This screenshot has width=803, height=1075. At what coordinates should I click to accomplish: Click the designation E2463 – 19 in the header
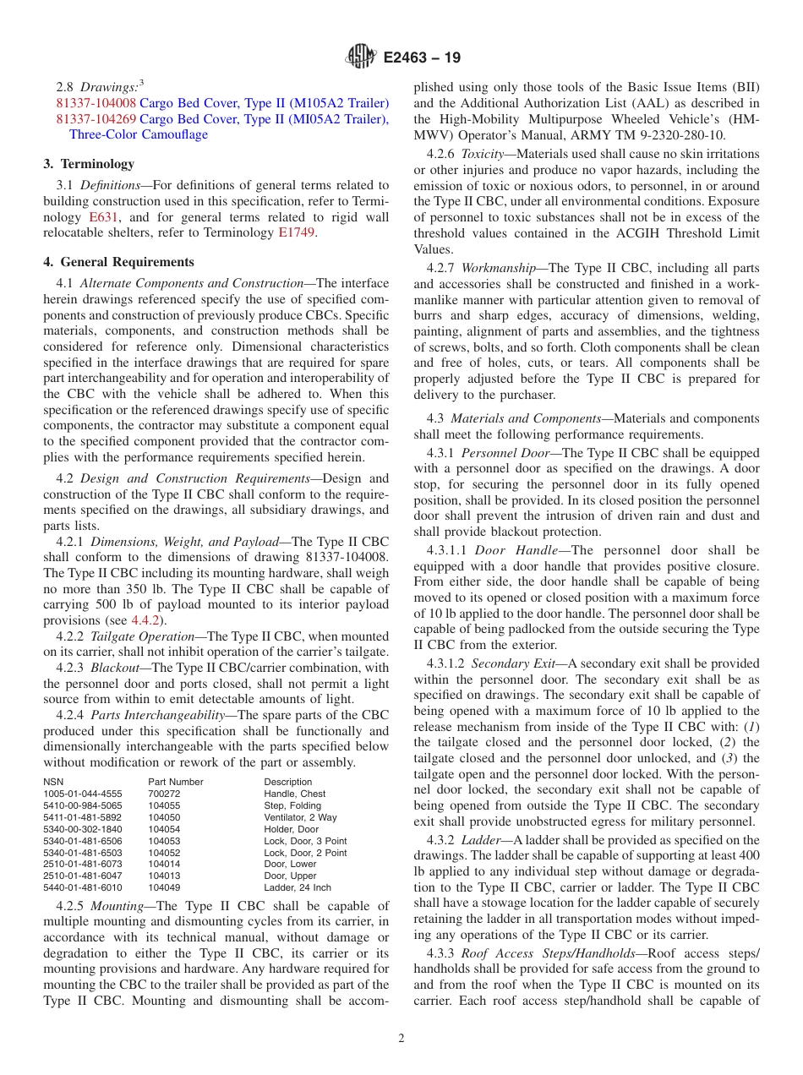(x=422, y=58)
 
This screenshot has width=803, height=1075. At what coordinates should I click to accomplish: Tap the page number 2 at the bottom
(x=401, y=1039)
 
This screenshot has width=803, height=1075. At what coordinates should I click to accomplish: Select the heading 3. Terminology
(x=89, y=164)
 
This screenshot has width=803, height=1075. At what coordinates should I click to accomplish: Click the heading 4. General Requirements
(x=118, y=262)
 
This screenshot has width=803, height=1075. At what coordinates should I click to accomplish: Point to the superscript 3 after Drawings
(x=141, y=83)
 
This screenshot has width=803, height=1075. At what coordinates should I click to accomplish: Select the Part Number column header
(x=175, y=782)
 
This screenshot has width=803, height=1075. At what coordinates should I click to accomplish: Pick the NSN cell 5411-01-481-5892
(x=82, y=817)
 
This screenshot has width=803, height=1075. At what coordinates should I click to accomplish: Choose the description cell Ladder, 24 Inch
(x=297, y=888)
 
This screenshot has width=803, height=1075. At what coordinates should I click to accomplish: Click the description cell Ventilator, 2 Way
(x=300, y=817)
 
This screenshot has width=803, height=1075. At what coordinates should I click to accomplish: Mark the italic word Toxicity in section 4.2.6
(x=485, y=154)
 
